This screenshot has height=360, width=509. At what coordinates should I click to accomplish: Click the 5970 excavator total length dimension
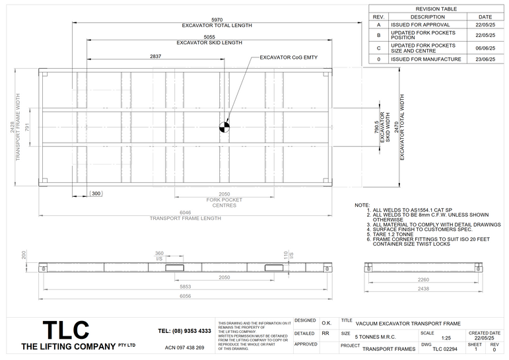coord(217,20)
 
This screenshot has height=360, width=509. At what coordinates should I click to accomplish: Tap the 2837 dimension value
coord(156,57)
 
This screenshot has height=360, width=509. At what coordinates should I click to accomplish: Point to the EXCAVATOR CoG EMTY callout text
coord(288,57)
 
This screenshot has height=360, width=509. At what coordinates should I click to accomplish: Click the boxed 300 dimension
coord(96,194)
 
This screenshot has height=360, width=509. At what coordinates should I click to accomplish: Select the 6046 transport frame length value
coord(186,213)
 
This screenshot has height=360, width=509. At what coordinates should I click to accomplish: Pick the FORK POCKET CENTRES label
coord(224,203)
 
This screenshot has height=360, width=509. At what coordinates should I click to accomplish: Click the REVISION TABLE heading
coord(436,9)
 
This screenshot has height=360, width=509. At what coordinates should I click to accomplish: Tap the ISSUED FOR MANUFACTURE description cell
coord(425,59)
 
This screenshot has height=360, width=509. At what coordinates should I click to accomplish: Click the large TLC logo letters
coord(65,330)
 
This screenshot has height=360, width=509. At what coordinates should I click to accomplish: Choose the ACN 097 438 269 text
coord(184,347)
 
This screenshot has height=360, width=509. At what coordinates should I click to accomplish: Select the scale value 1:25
coord(436,338)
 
